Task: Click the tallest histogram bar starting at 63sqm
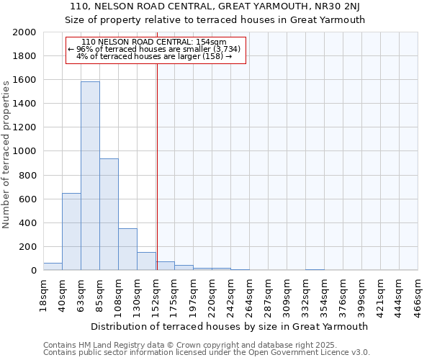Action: pyautogui.click(x=90, y=176)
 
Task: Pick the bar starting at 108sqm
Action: pyautogui.click(x=127, y=249)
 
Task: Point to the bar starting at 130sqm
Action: pyautogui.click(x=146, y=261)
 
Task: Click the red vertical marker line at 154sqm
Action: pyautogui.click(x=157, y=166)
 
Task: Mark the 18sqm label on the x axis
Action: pyautogui.click(x=43, y=294)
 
